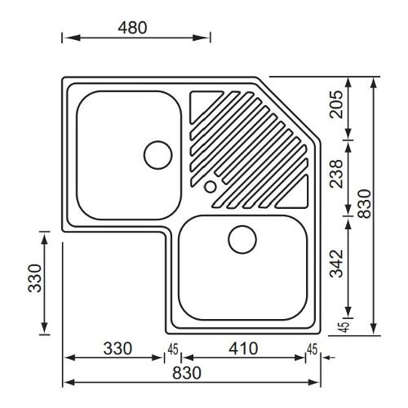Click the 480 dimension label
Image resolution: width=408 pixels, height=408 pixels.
[x=132, y=28]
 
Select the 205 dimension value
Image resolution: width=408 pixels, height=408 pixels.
[x=336, y=104]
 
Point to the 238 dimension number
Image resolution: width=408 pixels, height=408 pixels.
[x=336, y=174]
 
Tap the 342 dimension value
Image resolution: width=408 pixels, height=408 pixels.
[x=336, y=264]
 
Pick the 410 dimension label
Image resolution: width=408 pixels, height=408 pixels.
[x=243, y=348]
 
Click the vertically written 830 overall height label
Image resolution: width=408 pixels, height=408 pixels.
[x=365, y=204]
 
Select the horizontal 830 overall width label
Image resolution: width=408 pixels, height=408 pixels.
[x=187, y=373]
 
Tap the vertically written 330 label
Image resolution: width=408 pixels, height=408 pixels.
[x=35, y=278]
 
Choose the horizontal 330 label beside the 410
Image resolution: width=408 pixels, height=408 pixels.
[x=118, y=348]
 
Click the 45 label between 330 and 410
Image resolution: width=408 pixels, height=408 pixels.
[x=173, y=349]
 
